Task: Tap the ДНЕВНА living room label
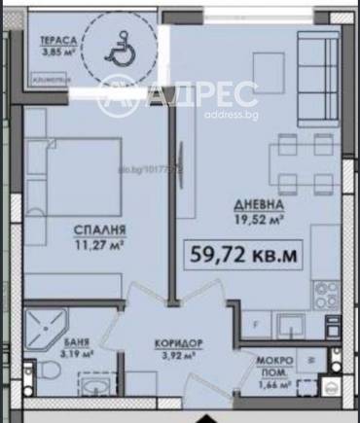pyautogui.click(x=258, y=206)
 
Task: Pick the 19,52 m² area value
pyautogui.click(x=258, y=220)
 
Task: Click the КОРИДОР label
pyautogui.click(x=178, y=344)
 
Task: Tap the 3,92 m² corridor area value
pyautogui.click(x=178, y=357)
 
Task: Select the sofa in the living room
pyautogui.click(x=315, y=73)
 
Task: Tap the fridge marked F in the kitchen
pyautogui.click(x=256, y=324)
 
